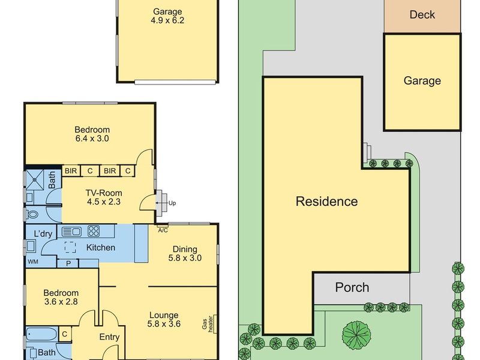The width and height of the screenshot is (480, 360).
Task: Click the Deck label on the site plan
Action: coord(422,14)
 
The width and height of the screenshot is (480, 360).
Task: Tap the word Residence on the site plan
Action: coord(326,202)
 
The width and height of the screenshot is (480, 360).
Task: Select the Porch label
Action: coord(352,287)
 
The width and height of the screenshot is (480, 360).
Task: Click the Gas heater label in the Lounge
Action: coord(207,324)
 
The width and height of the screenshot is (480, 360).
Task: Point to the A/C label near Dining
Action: coord(163,230)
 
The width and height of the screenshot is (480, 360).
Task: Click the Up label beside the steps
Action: coord(172,203)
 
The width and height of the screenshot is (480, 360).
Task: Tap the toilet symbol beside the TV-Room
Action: coord(32,214)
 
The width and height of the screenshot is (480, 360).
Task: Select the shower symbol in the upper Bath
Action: coord(35,179)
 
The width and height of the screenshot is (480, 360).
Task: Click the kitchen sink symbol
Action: coord(71,232)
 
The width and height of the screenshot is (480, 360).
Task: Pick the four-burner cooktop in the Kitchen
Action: coord(94,231)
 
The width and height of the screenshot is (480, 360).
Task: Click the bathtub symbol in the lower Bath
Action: coord(41,334)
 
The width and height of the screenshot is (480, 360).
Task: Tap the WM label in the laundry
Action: coord(33,262)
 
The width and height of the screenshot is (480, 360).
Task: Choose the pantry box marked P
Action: coord(68,263)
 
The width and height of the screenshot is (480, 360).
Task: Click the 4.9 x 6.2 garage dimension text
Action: coord(167,20)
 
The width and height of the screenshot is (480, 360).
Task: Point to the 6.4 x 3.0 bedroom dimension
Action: coord(92,139)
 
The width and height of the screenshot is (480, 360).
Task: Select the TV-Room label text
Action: coord(104,193)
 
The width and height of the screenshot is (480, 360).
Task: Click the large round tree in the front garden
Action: coord(356,335)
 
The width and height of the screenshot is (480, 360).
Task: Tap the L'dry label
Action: coord(43,234)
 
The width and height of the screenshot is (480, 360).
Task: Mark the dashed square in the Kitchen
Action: coord(70,247)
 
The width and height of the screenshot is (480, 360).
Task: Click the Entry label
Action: coord(109,337)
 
